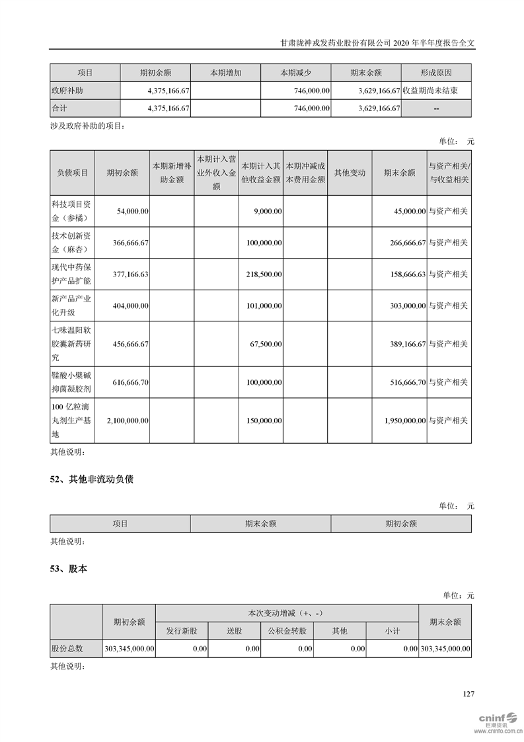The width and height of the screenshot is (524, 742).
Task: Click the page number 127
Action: [468, 694]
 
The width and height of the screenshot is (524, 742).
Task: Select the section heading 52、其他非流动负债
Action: [92, 479]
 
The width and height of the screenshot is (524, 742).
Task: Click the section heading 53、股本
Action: [68, 568]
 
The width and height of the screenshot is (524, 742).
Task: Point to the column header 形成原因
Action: [436, 73]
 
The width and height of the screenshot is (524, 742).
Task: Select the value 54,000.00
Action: [132, 211]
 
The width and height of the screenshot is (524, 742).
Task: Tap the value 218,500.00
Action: [263, 274]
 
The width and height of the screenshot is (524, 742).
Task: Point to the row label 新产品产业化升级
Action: [72, 306]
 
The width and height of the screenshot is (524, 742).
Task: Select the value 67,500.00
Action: [266, 344]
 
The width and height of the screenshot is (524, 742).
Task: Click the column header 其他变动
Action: [350, 173]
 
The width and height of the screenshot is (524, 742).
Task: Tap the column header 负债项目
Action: [72, 173]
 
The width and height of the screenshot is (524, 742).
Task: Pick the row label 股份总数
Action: [67, 649]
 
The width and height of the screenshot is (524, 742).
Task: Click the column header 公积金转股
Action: [287, 631]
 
